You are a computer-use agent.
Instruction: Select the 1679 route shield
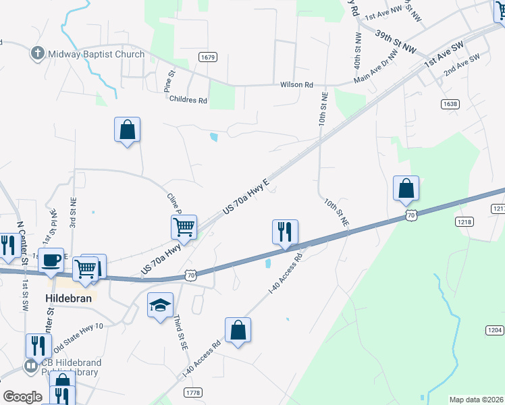tap(208, 57)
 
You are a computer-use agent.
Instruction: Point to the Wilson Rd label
tap(297, 85)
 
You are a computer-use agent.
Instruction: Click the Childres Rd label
tap(189, 100)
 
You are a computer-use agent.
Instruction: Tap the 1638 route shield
tap(450, 104)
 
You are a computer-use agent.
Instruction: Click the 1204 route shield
tap(494, 329)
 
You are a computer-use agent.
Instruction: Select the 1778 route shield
tap(193, 392)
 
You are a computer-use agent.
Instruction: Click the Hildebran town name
tap(68, 298)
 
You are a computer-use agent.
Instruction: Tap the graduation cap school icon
tap(160, 306)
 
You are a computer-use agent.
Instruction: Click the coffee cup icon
tap(51, 260)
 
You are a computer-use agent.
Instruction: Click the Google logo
tap(22, 397)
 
